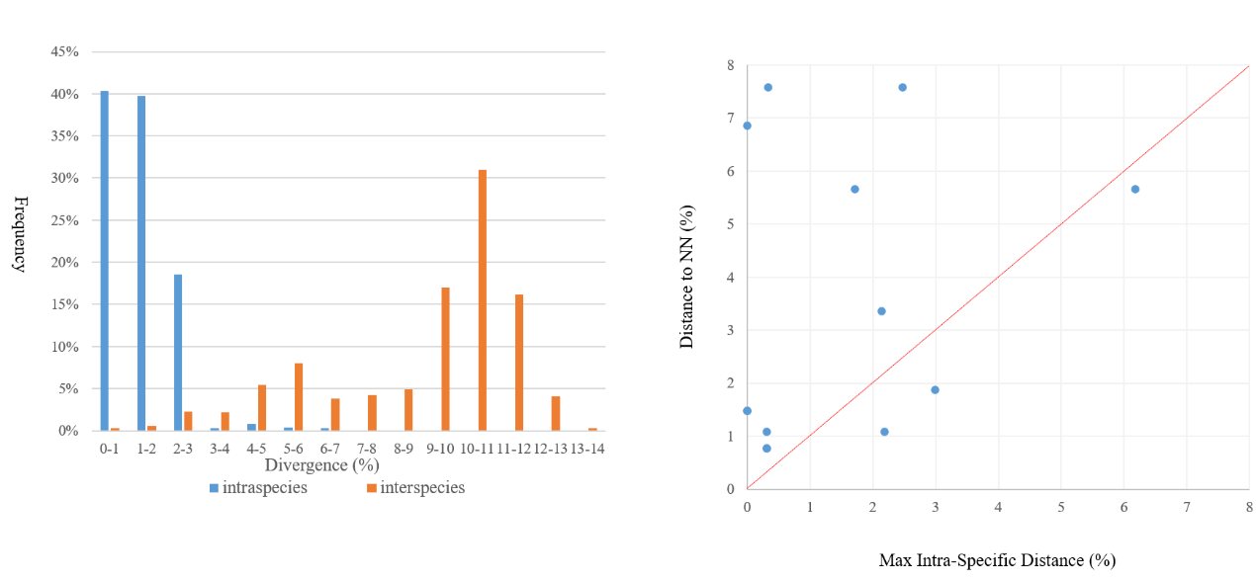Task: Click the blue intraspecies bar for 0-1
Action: pos(104,261)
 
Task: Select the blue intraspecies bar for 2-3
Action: pos(178,353)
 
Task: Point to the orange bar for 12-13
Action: pos(557,413)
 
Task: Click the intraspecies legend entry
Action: pos(257,488)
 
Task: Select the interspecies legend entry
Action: pos(415,488)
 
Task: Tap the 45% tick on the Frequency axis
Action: pos(65,52)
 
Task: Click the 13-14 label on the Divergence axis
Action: pos(587,449)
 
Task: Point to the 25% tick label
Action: pos(65,220)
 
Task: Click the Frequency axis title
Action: pos(20,233)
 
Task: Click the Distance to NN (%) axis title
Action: pos(686,277)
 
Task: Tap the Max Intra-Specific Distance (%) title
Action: pos(997,560)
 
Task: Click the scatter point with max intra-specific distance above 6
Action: pos(1135,189)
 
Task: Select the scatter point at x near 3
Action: pos(935,389)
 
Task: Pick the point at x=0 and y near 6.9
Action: pos(747,125)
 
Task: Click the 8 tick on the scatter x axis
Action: pos(1249,506)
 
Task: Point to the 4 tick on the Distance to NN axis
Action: pos(731,278)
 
